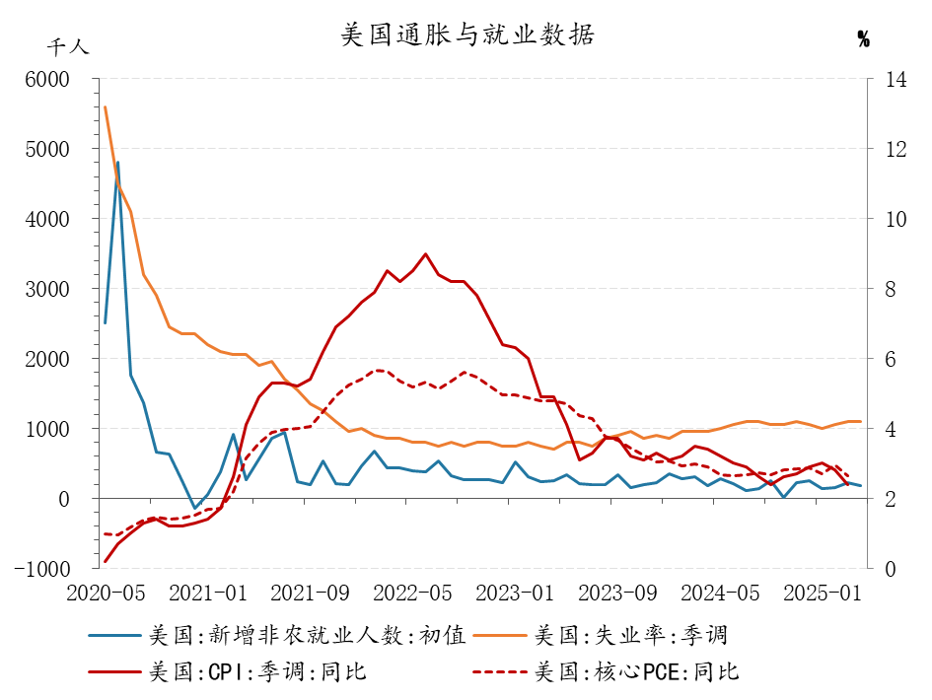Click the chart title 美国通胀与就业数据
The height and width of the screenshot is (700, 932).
467,35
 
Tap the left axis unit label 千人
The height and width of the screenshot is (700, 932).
68,47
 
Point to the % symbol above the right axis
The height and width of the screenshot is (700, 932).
864,39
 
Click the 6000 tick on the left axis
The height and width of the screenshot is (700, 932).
47,79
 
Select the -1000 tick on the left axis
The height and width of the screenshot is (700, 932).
42,569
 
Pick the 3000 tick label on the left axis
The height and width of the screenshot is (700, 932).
47,290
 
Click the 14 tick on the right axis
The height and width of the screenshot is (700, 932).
896,79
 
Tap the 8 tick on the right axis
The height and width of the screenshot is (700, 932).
891,290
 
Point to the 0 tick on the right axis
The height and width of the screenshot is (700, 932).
891,569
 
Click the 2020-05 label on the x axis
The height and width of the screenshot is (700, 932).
106,594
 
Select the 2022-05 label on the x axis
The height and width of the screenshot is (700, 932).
412,594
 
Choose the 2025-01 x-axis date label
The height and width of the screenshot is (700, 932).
823,594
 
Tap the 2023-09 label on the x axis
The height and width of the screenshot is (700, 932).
617,594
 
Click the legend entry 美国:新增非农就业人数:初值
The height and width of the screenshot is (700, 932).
277,635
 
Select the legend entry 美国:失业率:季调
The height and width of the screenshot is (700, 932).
601,635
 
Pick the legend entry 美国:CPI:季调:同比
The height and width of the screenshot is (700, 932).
228,672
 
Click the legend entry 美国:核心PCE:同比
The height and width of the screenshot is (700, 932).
607,672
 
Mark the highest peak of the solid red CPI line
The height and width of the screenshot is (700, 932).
426,253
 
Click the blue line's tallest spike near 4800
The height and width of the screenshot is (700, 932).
117,163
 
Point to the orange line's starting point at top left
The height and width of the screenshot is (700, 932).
106,106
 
